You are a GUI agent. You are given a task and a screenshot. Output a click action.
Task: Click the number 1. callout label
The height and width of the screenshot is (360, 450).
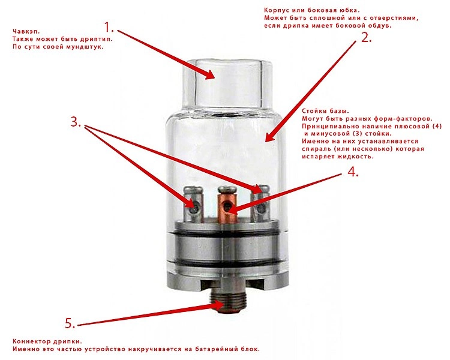(x=109, y=28)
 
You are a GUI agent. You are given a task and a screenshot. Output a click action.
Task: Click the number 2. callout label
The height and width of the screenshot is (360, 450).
(x=366, y=38)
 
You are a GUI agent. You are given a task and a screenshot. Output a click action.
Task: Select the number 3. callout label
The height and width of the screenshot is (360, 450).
(x=76, y=122)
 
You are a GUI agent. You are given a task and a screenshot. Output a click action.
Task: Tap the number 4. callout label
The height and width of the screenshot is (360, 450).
(x=353, y=172)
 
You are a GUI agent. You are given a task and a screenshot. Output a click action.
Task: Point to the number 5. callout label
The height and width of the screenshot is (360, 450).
(x=70, y=323)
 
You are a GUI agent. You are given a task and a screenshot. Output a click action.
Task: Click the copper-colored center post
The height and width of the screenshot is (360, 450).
(x=227, y=205)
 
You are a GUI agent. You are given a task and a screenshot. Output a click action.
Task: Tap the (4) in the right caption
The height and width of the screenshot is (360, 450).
(x=437, y=127)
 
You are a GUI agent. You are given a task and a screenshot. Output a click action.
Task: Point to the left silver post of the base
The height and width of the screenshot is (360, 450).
(x=193, y=205)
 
